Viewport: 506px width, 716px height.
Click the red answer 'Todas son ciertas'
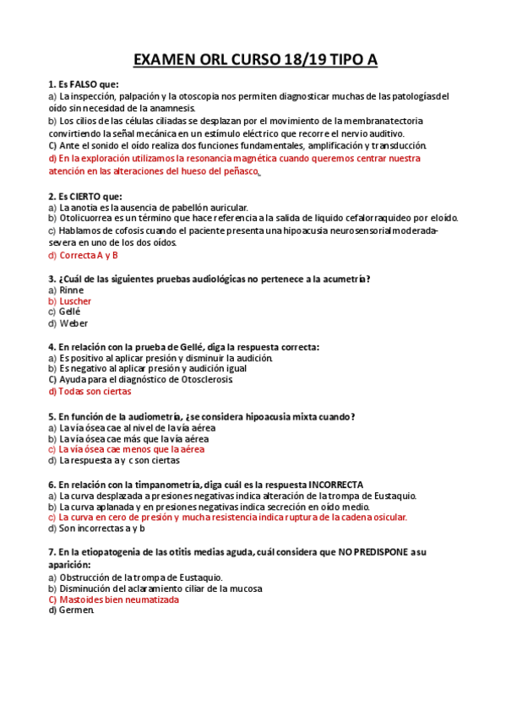[x=94, y=391]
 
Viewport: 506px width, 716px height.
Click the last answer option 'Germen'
[x=76, y=610]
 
